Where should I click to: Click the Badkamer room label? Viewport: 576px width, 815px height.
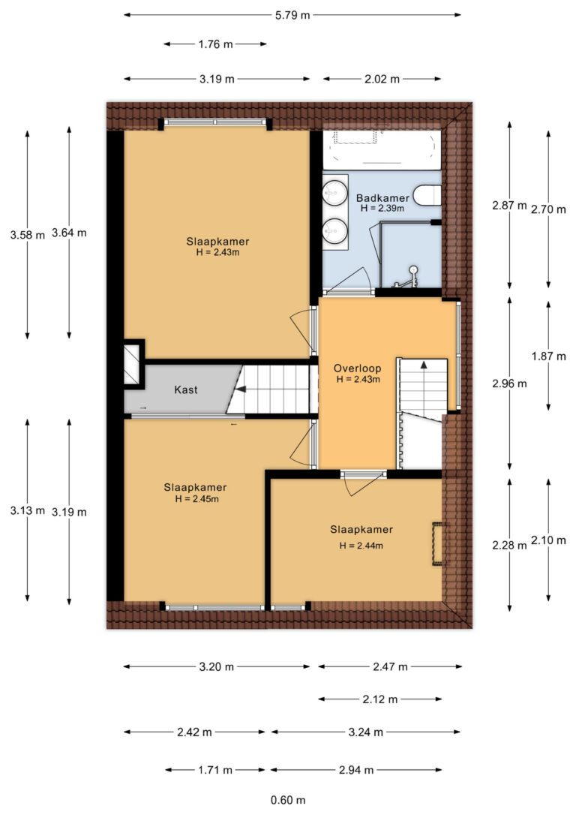click(x=382, y=198)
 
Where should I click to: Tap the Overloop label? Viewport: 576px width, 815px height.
click(x=357, y=368)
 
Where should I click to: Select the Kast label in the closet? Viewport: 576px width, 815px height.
click(x=185, y=389)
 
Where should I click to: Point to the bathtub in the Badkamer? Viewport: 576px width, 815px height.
click(x=382, y=149)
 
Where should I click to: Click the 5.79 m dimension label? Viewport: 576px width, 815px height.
click(x=292, y=15)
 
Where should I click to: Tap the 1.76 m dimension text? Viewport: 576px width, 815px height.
click(x=215, y=44)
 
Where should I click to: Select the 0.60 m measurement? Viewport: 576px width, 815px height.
click(x=288, y=800)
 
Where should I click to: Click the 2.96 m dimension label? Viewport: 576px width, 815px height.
click(x=509, y=384)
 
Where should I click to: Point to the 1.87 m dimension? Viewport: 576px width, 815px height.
click(x=548, y=356)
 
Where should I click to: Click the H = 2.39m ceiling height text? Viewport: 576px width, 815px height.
click(x=382, y=209)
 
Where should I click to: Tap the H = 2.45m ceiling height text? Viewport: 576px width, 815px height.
click(x=196, y=499)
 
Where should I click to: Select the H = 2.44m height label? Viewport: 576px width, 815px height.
click(x=361, y=546)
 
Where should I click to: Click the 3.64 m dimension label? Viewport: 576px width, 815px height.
click(x=69, y=233)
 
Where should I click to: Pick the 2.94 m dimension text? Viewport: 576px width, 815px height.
click(x=356, y=770)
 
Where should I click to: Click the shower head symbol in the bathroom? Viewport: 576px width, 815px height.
click(x=413, y=269)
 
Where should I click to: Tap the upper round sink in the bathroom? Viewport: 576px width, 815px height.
click(x=334, y=193)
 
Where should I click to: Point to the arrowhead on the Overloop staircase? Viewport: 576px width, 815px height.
click(x=424, y=365)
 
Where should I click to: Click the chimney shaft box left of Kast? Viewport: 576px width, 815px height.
click(x=133, y=364)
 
